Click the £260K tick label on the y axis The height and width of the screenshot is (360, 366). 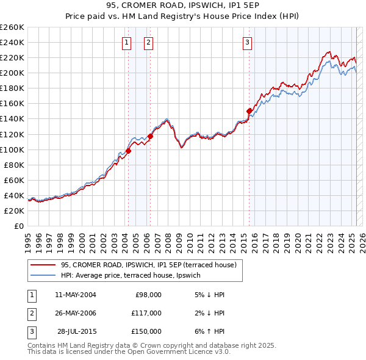tap(12, 27)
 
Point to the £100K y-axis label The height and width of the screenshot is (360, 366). tap(12, 149)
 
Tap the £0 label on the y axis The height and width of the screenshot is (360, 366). tap(18, 226)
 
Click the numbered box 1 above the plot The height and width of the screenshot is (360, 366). tap(126, 43)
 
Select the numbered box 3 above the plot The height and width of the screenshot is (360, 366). tap(248, 43)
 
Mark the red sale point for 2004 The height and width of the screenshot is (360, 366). tap(129, 151)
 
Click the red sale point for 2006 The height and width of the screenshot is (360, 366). tap(151, 136)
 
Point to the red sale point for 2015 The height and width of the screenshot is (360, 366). tap(249, 111)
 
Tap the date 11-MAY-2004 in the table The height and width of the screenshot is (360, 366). tap(75, 295)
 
